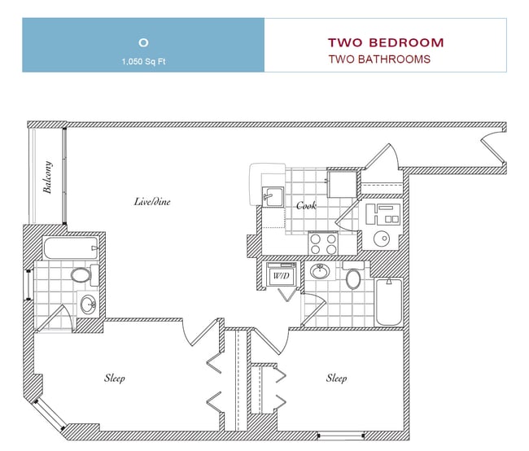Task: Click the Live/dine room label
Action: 152,202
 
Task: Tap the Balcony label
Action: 47,177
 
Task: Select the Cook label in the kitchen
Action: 306,205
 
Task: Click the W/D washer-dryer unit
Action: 282,274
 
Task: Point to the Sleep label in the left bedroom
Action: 115,378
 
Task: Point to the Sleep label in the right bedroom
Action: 336,378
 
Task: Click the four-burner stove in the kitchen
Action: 323,243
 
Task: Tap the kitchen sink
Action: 273,196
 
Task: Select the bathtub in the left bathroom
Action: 71,248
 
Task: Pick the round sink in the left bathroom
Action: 89,304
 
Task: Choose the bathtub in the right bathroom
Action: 388,302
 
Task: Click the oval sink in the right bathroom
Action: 320,271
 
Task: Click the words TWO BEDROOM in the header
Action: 386,43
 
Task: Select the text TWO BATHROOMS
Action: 379,59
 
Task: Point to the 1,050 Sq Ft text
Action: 144,61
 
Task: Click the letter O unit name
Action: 143,42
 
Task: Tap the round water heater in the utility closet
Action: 382,239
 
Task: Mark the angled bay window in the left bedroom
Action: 50,414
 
